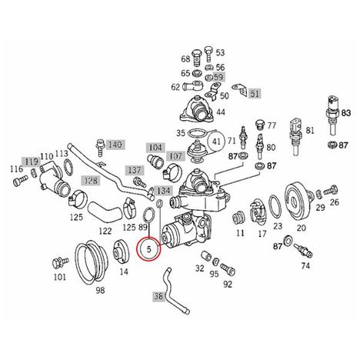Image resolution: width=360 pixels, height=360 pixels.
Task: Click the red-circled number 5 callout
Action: (x=148, y=249)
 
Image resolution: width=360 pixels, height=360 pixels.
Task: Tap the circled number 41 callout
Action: (x=217, y=142)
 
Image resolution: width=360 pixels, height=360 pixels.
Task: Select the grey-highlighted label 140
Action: (x=115, y=145)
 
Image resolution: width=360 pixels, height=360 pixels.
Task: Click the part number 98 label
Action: (x=100, y=290)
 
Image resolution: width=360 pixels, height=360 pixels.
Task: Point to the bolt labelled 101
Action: (x=60, y=262)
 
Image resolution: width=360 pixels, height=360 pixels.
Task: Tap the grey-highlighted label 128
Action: (x=91, y=181)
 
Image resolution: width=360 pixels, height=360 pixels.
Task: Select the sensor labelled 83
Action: (x=332, y=115)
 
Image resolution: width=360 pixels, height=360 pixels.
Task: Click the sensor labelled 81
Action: (x=296, y=137)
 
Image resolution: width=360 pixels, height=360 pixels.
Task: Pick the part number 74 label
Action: (x=305, y=266)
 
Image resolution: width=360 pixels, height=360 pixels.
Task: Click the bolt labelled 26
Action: (x=330, y=190)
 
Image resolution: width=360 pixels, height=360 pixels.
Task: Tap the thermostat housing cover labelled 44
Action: (x=197, y=110)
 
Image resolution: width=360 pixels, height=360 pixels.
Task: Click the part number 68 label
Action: (x=185, y=59)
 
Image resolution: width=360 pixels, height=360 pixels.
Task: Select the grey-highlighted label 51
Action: (x=255, y=94)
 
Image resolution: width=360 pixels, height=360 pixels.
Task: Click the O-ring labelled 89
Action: (x=149, y=215)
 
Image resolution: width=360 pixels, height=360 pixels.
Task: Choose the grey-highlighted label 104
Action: (x=155, y=148)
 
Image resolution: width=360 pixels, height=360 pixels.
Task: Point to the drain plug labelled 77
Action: (x=259, y=125)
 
